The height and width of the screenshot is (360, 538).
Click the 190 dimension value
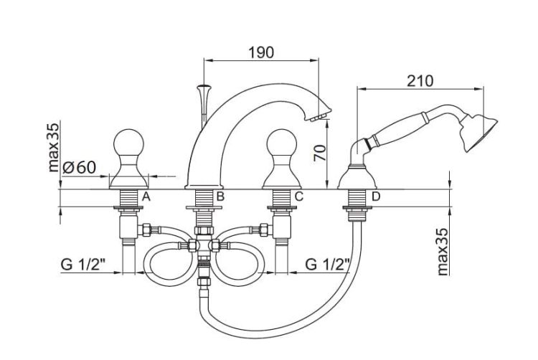tap(261, 52)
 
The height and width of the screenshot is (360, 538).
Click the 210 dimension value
tap(420, 81)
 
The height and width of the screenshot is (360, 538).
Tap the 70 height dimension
tap(320, 153)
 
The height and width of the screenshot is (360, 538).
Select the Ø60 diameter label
tap(80, 168)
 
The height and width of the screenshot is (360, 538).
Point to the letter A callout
tap(146, 196)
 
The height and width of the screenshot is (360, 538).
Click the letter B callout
tap(220, 196)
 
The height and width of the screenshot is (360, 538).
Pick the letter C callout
tap(299, 196)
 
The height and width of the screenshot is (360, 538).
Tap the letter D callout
tap(376, 196)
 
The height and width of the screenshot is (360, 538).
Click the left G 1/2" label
tap(82, 265)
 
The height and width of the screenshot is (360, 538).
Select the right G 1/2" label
tap(328, 265)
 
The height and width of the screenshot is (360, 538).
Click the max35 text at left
tap(54, 148)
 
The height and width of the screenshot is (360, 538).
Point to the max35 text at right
tap(443, 252)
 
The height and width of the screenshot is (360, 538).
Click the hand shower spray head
tap(480, 133)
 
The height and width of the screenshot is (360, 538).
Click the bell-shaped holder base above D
tap(357, 177)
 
